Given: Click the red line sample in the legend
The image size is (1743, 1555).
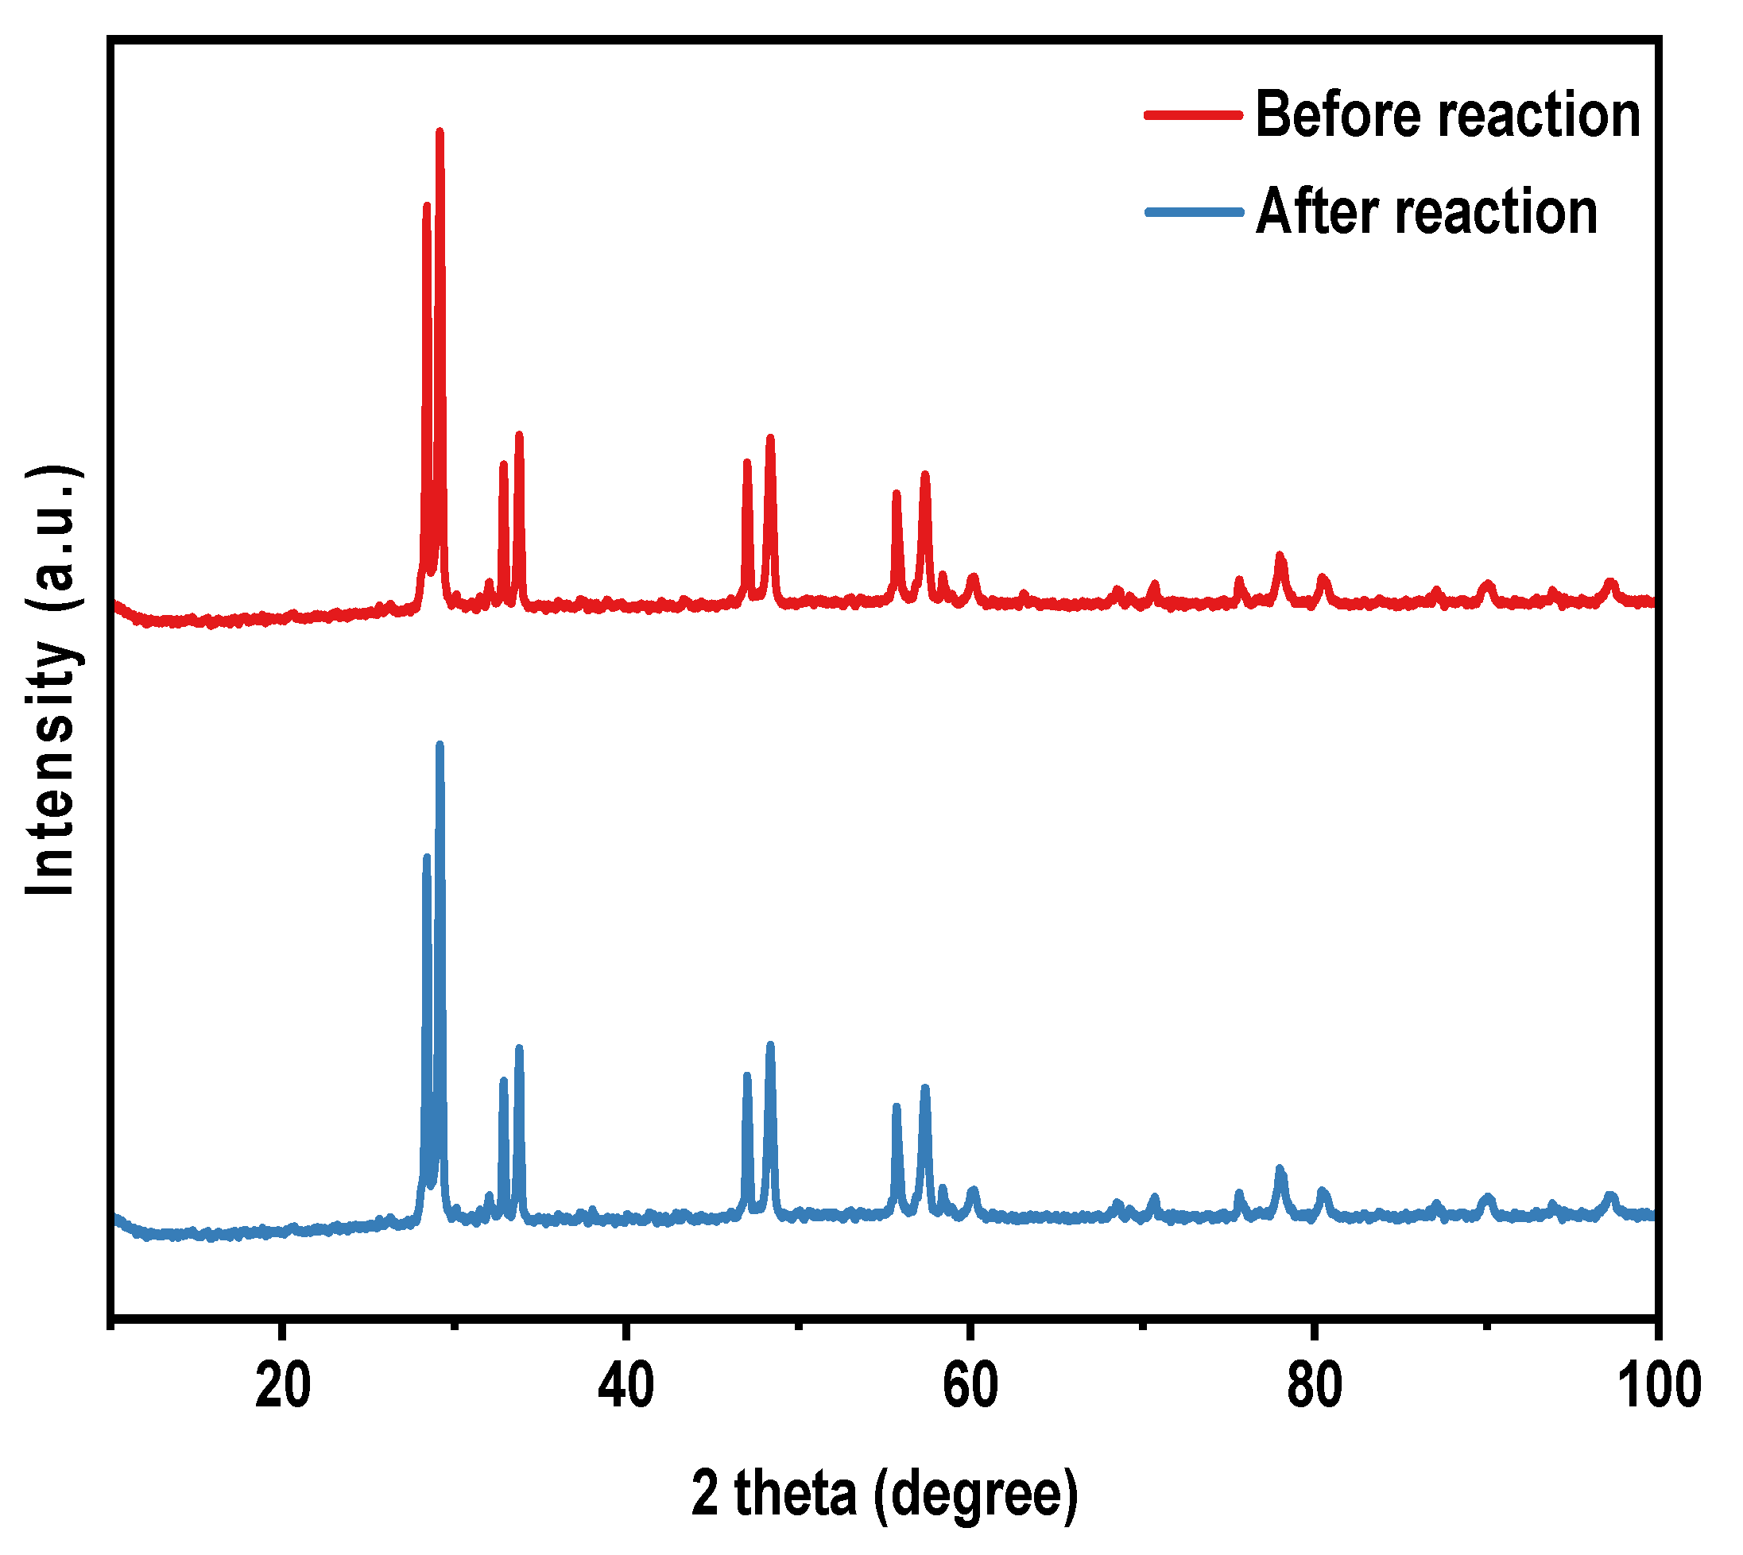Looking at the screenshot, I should point(1193,114).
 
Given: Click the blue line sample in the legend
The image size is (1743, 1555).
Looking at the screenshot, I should point(1193,212).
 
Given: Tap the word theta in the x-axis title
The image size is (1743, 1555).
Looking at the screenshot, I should point(795,1494).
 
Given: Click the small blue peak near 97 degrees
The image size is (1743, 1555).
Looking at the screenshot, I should point(1610,1197).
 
